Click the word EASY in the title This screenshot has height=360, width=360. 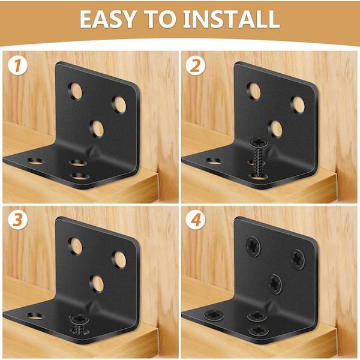point(107,19)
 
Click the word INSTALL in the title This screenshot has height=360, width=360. point(231,19)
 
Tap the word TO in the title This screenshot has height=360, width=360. point(160,19)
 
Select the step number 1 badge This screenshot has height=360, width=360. point(17,65)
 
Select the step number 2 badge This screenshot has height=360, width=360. point(196,65)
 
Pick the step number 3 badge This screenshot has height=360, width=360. point(17,220)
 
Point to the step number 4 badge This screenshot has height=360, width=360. point(196,220)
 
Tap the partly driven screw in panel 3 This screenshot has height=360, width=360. point(79,325)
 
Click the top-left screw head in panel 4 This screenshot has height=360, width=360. point(253,247)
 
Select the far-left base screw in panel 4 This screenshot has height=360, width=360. point(214,315)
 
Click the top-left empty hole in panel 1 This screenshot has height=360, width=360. point(76,91)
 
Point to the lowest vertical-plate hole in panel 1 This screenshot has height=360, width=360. point(97,129)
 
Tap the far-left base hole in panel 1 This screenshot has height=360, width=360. point(35,161)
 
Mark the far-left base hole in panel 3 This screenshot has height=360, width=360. point(35,316)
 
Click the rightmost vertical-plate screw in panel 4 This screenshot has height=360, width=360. point(298,260)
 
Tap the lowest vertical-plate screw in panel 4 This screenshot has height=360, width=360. point(275,284)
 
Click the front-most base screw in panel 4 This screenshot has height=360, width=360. point(259,331)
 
